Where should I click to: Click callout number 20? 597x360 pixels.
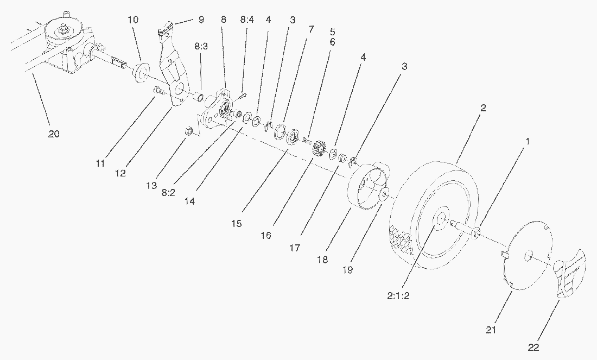54,134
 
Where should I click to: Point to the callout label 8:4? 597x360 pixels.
246,20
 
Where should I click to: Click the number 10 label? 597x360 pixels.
134,20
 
